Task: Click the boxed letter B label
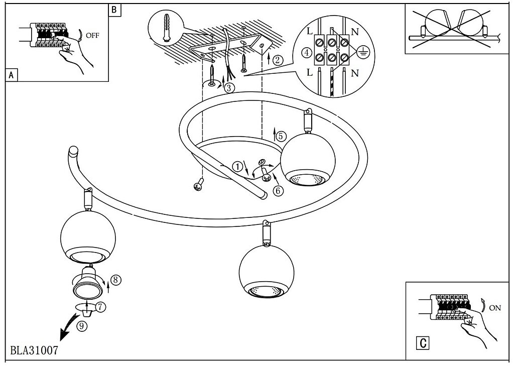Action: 114,10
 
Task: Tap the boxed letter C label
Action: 423,343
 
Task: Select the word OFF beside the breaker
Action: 92,35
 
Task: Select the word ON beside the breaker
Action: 494,308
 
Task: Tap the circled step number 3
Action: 229,88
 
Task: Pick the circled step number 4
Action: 306,53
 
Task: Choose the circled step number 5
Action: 281,136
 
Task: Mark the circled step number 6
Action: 278,190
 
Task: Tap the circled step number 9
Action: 82,325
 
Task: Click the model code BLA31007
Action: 34,349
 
